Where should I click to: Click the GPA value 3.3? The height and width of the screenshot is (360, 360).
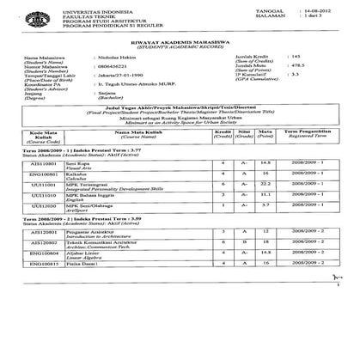point(297,100)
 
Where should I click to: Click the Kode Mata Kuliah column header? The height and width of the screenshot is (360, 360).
point(42,160)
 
